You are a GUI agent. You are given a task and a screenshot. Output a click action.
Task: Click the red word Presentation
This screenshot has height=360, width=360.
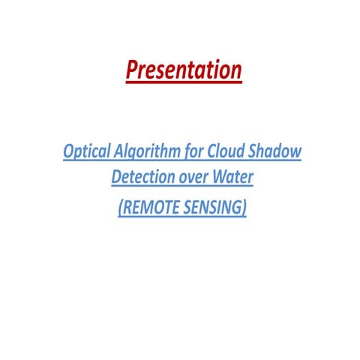[184, 70]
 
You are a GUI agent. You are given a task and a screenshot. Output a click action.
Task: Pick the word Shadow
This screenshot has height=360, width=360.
[277, 151]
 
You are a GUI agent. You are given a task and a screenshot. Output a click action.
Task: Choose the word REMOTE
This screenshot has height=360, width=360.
[148, 207]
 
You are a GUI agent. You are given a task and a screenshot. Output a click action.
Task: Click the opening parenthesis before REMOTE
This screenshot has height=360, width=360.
[120, 208]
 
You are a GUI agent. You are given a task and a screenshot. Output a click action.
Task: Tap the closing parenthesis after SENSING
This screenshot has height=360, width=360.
[244, 208]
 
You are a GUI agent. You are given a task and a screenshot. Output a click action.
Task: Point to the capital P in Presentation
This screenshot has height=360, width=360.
[132, 70]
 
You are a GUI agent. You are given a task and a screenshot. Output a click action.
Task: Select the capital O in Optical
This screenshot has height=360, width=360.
[69, 151]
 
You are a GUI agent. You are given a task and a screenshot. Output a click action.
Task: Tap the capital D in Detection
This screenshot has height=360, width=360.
[116, 178]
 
